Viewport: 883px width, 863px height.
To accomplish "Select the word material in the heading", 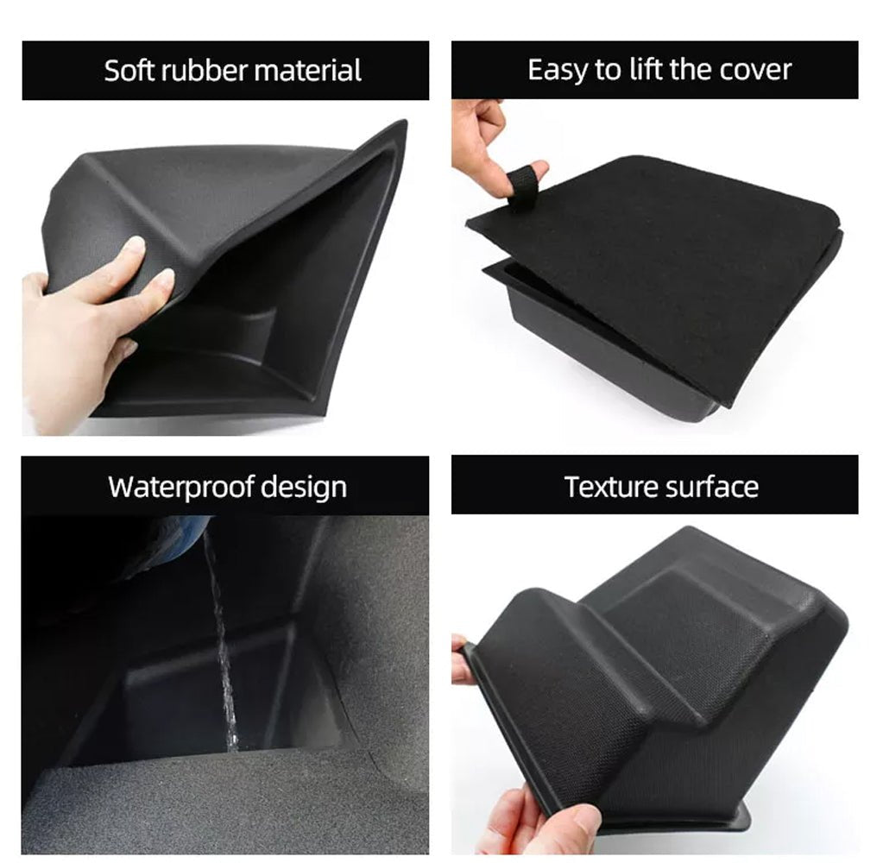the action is pos(307,71).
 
